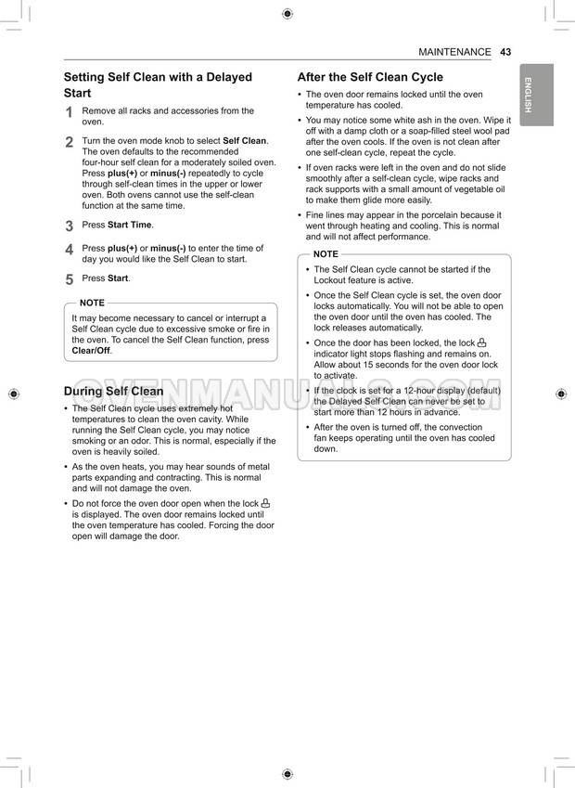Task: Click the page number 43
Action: tap(505, 52)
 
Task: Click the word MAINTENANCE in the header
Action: tap(454, 52)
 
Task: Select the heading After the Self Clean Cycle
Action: tap(370, 77)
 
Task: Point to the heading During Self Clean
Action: tap(113, 391)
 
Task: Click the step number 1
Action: tap(70, 112)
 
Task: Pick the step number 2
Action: tap(70, 142)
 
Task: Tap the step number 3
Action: tap(70, 226)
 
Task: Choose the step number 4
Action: tap(70, 250)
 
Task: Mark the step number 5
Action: tap(70, 279)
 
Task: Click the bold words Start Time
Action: tap(130, 225)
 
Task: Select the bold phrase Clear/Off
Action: tap(91, 351)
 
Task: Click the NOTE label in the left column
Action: tap(92, 303)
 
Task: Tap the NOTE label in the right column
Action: tap(326, 253)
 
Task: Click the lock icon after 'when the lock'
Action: tap(265, 503)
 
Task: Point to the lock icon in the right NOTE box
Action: tap(481, 342)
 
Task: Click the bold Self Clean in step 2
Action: tap(244, 141)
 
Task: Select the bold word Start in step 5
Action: tap(118, 278)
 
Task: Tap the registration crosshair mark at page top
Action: tap(287, 13)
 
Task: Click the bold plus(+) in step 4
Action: tap(122, 249)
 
